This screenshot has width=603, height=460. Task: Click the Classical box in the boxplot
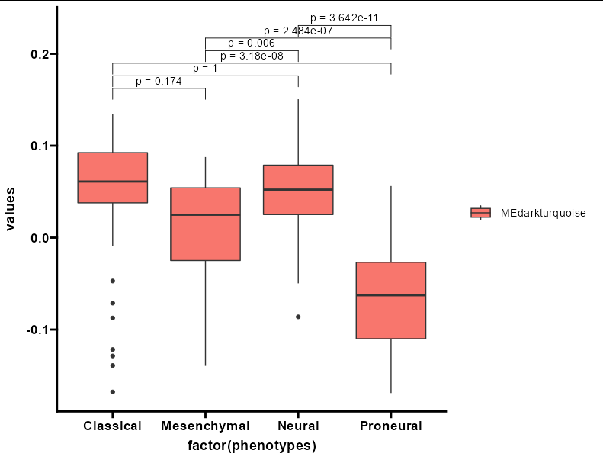tap(113, 178)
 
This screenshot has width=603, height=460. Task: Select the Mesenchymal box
tap(205, 224)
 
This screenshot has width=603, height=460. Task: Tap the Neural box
tap(298, 190)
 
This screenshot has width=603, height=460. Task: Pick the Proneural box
tap(391, 301)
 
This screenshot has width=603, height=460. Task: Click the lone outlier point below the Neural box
tap(298, 317)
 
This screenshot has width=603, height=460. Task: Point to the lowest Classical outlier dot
tap(113, 392)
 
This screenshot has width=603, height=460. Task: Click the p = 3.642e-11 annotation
tap(344, 18)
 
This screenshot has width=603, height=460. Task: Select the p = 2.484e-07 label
tap(298, 31)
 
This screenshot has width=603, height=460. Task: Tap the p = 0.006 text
tap(252, 43)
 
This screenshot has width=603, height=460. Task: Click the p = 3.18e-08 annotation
tap(252, 56)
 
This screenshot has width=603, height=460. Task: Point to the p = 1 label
tap(205, 69)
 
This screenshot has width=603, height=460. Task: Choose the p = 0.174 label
tap(159, 81)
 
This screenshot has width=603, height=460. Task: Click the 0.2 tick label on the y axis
tap(40, 54)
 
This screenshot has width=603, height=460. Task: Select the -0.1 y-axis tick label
tap(37, 330)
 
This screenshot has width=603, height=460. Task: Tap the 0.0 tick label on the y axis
tap(40, 238)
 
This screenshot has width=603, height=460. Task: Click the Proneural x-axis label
tap(391, 426)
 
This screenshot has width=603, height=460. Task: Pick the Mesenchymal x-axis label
tap(205, 426)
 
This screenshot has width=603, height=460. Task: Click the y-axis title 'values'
tap(10, 209)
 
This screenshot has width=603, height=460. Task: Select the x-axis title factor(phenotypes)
tap(252, 446)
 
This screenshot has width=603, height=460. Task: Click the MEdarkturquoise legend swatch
tap(481, 213)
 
